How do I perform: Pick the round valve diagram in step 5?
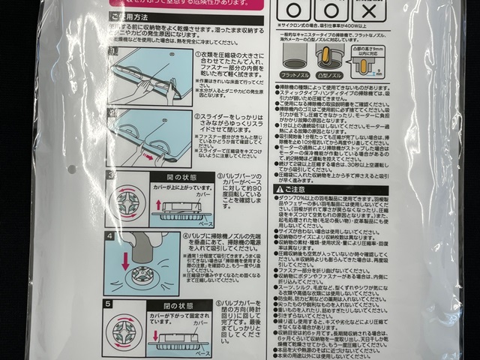[x=124, y=332]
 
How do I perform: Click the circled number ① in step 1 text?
[x=197, y=54]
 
